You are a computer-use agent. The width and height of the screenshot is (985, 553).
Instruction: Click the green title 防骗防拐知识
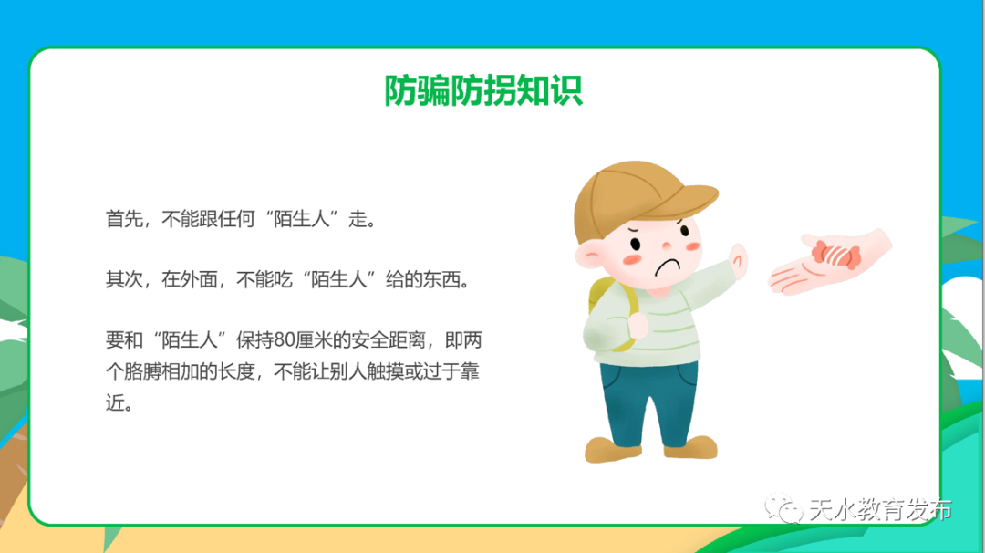pyautogui.click(x=483, y=90)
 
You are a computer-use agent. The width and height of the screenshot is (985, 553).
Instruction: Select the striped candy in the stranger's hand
pyautogui.click(x=831, y=254)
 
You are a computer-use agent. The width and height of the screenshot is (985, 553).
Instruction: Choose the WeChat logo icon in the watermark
pyautogui.click(x=782, y=507)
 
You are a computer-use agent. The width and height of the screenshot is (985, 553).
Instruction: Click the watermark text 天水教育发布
pyautogui.click(x=880, y=509)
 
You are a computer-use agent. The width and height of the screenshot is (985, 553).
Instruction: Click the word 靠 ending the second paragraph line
pyautogui.click(x=472, y=372)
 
